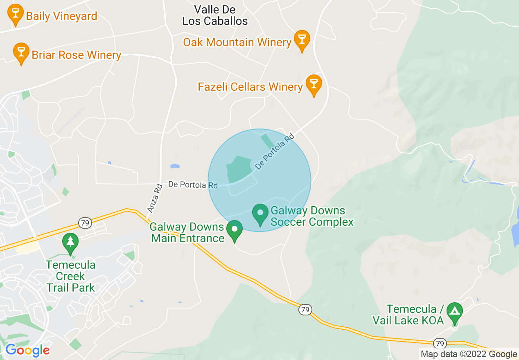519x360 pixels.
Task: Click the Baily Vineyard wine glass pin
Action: coord(16,13)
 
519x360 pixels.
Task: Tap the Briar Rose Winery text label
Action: coord(77,55)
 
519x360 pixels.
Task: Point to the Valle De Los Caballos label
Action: coord(215,15)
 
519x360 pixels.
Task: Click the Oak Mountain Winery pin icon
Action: coord(302,39)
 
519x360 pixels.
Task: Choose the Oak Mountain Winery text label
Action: coord(237,42)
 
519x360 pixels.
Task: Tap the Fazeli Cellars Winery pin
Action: coord(314,84)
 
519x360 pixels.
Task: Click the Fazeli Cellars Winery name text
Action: coord(250,87)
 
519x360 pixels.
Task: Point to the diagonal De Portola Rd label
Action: coord(275,151)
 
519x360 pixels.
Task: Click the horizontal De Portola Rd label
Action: coord(193,185)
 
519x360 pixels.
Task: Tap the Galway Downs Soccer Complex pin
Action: coord(260,214)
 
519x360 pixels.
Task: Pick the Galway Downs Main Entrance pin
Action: coord(235,229)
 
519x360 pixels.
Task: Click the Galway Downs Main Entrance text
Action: coord(187,232)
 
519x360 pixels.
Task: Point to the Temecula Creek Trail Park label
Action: coord(71,276)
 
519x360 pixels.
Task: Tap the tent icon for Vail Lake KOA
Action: coord(454,312)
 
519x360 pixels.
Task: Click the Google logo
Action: coord(27,350)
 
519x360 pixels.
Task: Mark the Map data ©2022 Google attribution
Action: coord(469,354)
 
